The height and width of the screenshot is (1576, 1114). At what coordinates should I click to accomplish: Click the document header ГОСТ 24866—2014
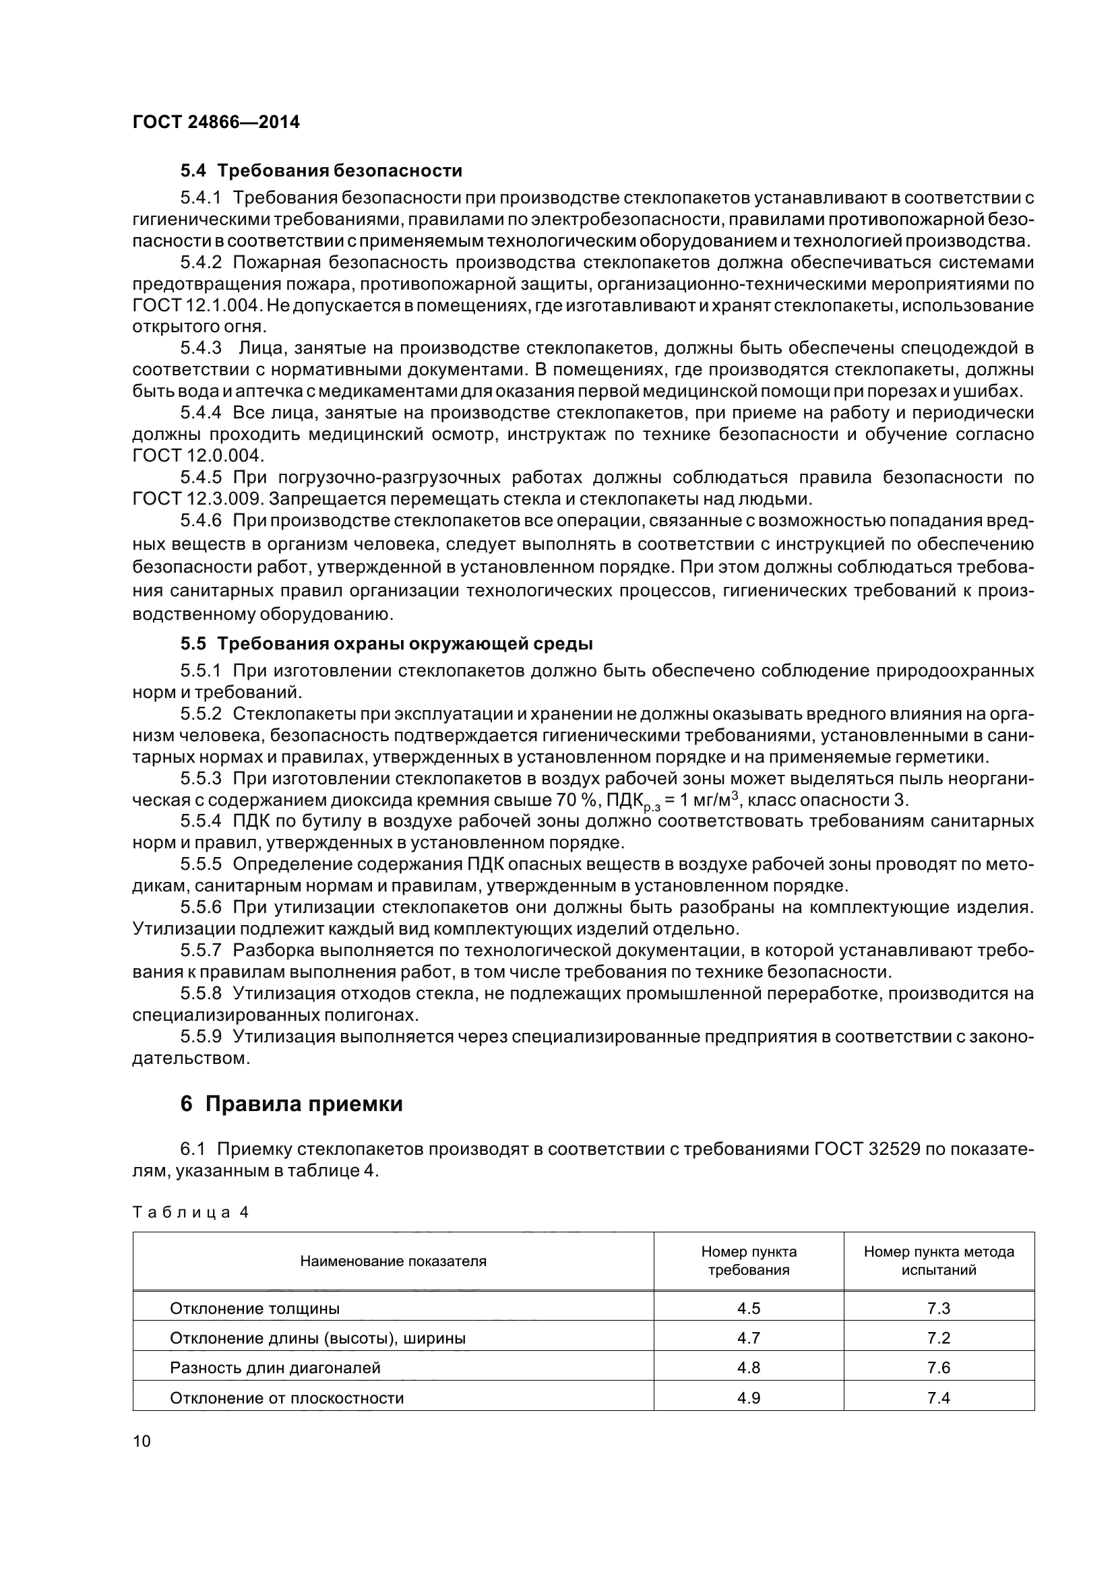click(x=216, y=123)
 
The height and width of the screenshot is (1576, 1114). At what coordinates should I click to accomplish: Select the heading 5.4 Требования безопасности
click(x=321, y=170)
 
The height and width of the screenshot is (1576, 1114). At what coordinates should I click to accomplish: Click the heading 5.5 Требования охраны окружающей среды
click(x=386, y=644)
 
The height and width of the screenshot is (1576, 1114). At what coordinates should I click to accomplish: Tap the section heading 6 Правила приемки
click(x=292, y=1104)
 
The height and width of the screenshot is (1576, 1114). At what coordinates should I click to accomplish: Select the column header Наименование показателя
click(x=393, y=1261)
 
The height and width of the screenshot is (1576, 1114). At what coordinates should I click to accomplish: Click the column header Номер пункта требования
click(x=748, y=1261)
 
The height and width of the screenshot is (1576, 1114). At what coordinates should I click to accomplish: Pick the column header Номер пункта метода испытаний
click(x=938, y=1261)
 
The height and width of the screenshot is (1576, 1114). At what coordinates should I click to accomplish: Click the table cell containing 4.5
click(x=748, y=1309)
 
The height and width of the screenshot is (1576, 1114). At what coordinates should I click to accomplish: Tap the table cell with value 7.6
click(x=938, y=1367)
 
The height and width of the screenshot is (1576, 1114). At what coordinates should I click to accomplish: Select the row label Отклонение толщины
click(x=255, y=1309)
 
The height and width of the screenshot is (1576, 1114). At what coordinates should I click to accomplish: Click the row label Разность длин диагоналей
click(x=274, y=1367)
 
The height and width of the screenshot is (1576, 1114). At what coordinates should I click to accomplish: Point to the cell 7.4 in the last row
click(x=938, y=1397)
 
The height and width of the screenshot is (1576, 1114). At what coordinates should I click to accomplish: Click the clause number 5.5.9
click(x=200, y=1036)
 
